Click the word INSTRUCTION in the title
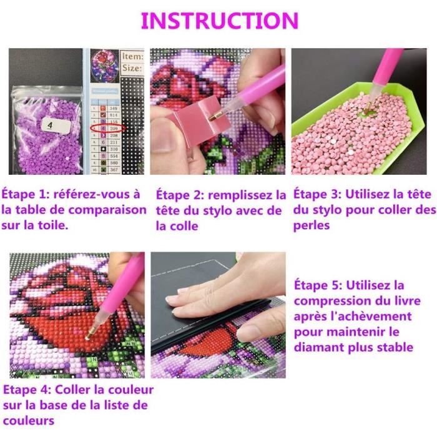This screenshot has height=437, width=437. pyautogui.click(x=219, y=20)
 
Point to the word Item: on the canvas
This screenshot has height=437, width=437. pyautogui.click(x=132, y=56)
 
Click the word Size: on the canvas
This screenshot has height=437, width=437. pyautogui.click(x=132, y=69)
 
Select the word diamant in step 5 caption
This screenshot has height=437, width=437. pyautogui.click(x=318, y=346)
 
